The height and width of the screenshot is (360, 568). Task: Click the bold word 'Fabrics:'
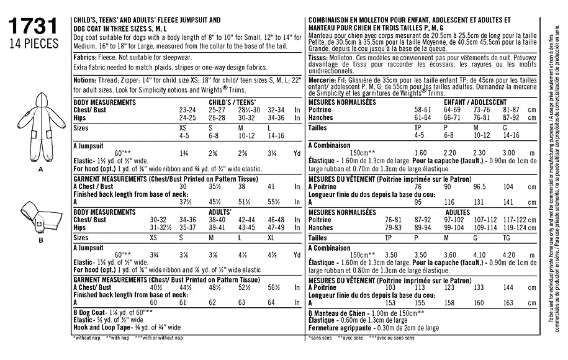(x=85, y=56)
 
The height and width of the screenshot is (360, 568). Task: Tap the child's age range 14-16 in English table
(x=277, y=134)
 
